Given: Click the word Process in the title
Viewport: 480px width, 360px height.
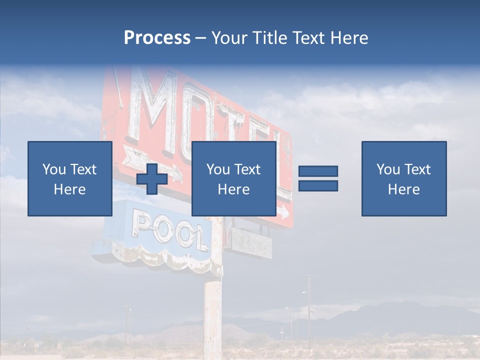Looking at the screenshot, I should point(157,38).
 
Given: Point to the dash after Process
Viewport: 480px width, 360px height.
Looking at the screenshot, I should point(200,38).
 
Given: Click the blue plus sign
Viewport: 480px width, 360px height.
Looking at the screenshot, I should point(152,178).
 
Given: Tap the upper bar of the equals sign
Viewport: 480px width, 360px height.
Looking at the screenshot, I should point(318,171).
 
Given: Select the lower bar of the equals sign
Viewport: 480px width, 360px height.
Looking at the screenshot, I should point(318,186).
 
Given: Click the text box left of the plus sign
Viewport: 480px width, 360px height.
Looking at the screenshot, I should point(70,178).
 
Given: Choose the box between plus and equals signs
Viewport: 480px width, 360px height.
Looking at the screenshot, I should point(233,178).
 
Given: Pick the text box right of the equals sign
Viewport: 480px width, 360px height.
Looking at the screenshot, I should point(403,178).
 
